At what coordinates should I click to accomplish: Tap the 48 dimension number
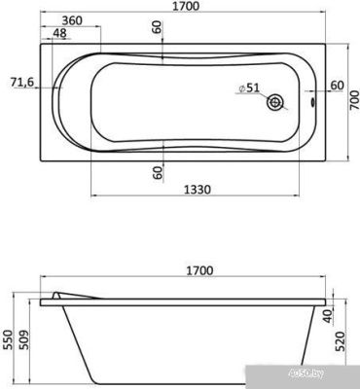coord(59,33)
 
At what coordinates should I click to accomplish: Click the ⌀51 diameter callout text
coord(249,88)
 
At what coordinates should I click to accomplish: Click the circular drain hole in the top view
coord(278,100)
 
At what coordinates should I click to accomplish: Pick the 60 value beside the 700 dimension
coord(336,86)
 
